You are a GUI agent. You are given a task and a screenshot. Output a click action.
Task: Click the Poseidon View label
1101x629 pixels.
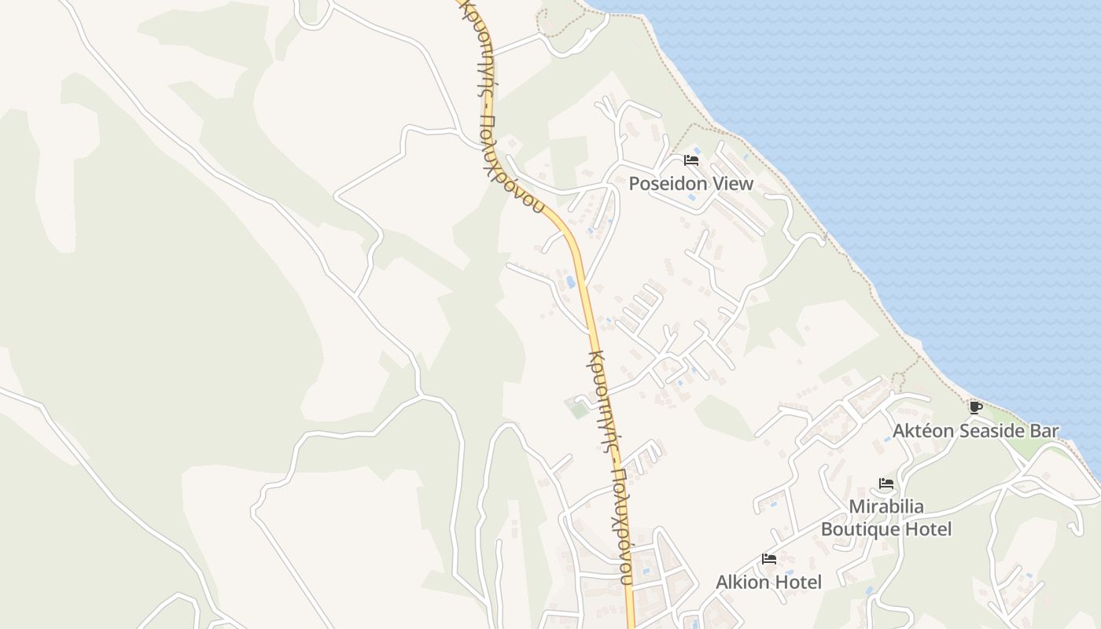[690, 184]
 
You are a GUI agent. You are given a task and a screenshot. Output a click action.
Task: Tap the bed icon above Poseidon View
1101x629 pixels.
[691, 160]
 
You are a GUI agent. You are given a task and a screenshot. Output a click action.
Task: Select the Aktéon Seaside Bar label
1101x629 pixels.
[975, 431]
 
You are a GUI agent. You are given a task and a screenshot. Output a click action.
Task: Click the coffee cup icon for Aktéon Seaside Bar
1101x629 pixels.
[976, 407]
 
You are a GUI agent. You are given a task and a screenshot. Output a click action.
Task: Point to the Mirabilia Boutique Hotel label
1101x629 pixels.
[886, 517]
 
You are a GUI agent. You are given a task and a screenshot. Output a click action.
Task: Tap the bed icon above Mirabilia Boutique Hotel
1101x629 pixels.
[886, 484]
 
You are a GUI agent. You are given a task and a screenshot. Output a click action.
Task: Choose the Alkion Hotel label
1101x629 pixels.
[768, 583]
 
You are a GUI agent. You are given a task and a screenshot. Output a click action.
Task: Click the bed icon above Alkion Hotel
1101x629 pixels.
[769, 559]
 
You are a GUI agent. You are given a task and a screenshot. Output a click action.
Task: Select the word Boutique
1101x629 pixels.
[860, 529]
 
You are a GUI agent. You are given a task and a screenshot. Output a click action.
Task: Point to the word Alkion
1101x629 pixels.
[742, 583]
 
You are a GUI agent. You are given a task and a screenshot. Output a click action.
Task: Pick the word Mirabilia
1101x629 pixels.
[886, 506]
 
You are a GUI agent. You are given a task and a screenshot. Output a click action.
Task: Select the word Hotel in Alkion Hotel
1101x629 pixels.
[797, 583]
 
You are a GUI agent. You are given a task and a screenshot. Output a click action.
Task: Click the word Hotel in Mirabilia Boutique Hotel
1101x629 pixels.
[928, 529]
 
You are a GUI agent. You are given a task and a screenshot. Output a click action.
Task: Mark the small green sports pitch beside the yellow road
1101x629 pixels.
[577, 408]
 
